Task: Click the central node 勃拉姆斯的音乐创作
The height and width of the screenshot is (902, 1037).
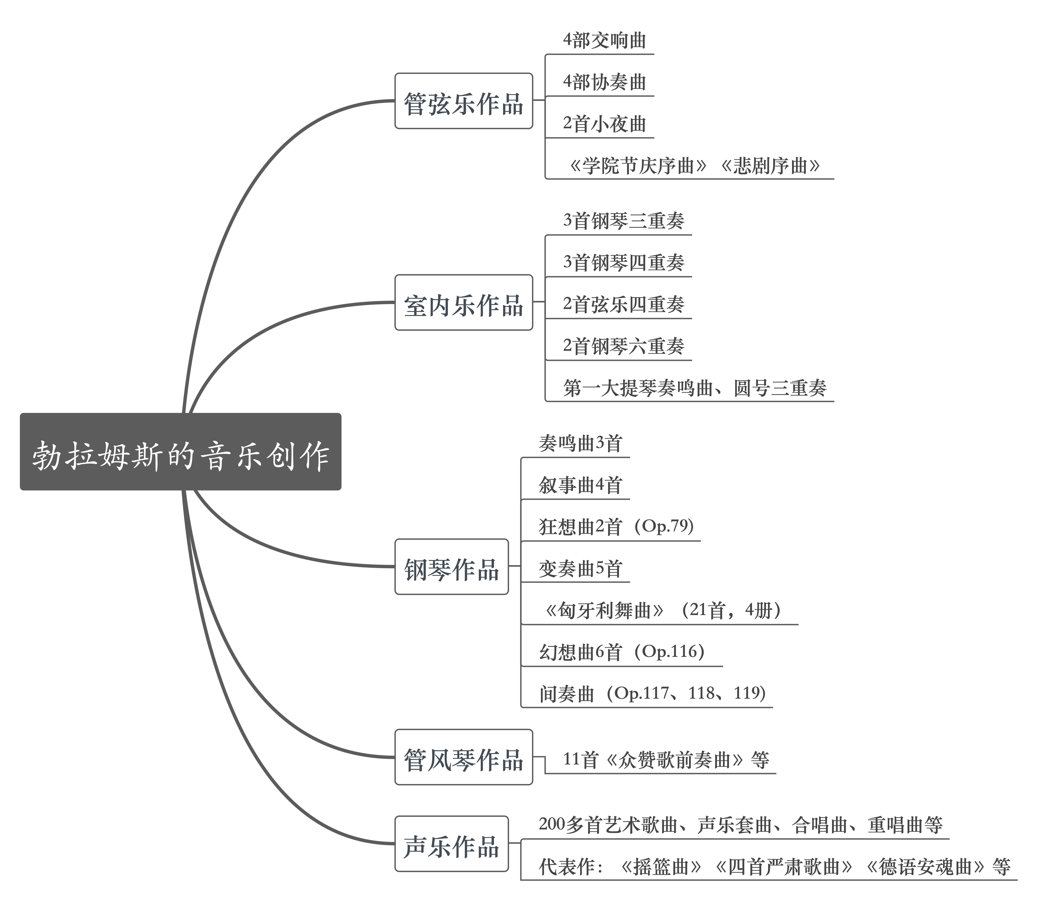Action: tap(180, 451)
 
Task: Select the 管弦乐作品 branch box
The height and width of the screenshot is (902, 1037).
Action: tap(463, 101)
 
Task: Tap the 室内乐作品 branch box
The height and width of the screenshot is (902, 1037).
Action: tap(463, 302)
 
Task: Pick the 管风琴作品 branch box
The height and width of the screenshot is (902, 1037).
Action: tap(463, 757)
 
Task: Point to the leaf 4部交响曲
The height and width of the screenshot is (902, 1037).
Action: tap(604, 40)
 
